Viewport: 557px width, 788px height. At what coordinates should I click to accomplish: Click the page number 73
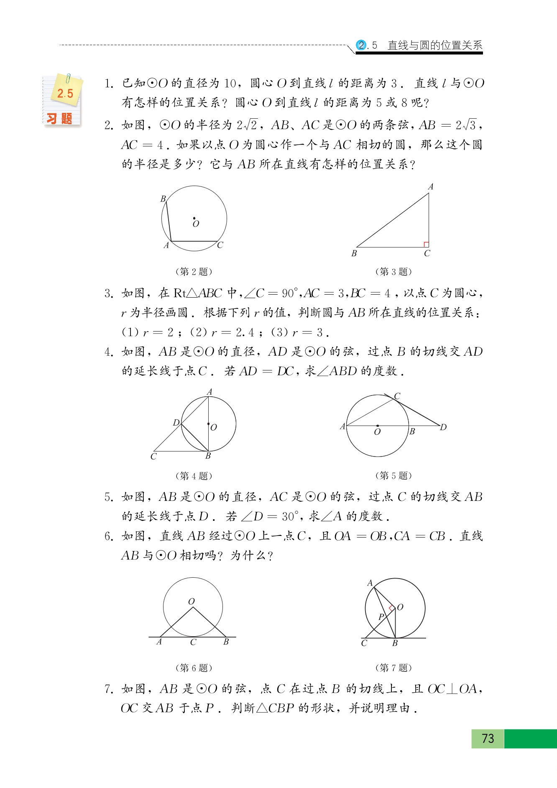click(488, 738)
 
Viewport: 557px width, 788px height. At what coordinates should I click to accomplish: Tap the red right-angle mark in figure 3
click(426, 244)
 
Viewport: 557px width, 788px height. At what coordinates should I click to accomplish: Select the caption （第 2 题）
click(194, 272)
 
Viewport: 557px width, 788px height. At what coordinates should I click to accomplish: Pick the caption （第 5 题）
click(393, 475)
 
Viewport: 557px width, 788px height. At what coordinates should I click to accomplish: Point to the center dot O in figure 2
click(194, 218)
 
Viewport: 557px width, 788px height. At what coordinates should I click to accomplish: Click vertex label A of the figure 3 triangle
click(430, 187)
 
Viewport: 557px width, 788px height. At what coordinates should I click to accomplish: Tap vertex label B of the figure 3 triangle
click(354, 253)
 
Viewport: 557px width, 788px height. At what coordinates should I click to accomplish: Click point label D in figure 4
click(176, 423)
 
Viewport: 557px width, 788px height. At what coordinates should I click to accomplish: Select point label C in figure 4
click(153, 456)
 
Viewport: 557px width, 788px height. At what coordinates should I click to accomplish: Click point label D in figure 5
click(443, 427)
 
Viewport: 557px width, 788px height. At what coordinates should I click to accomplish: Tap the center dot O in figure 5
click(377, 426)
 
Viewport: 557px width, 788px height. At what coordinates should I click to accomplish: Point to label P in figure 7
click(381, 617)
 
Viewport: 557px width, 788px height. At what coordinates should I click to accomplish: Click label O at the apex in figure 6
click(192, 601)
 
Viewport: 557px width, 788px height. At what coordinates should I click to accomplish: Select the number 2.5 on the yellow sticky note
click(65, 94)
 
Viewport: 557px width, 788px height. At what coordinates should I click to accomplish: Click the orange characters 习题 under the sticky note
click(59, 119)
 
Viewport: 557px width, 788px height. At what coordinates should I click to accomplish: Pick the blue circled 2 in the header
click(361, 45)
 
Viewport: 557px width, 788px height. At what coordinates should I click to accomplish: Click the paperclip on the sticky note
click(68, 78)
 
